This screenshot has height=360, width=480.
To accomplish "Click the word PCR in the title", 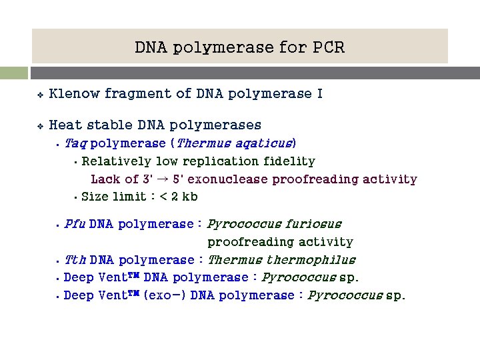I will (x=327, y=47).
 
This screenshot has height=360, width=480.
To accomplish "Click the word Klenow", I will (x=74, y=94).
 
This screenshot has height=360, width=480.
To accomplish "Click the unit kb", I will (x=189, y=196).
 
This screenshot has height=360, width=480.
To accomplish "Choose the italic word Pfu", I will (x=74, y=224).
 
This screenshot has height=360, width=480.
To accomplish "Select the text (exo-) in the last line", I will (x=165, y=295).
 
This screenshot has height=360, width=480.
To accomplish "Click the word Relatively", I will (x=116, y=161).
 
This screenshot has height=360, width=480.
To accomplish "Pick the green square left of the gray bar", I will (x=13, y=73).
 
